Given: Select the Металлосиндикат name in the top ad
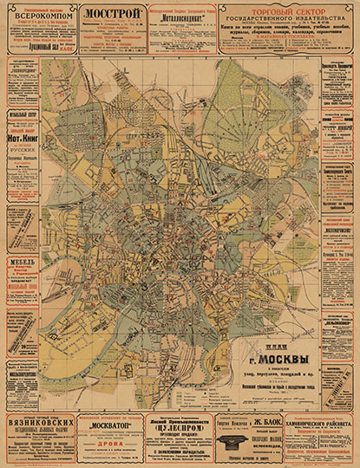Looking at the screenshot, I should (181, 15).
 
